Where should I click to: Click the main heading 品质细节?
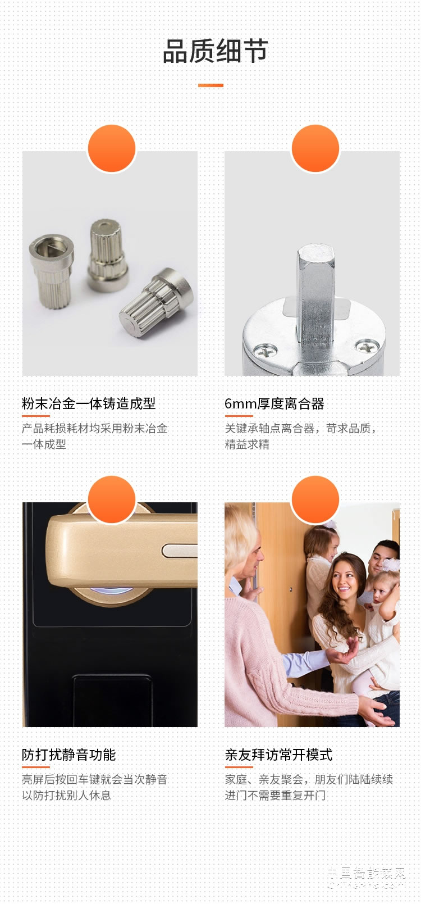[215, 52]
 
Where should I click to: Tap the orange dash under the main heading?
[210, 85]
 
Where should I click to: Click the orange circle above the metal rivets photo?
[112, 148]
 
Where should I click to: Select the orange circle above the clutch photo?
[315, 148]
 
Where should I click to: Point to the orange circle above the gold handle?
[112, 499]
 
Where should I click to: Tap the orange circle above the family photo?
[315, 499]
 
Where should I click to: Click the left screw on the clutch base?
[266, 352]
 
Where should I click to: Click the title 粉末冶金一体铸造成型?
[89, 403]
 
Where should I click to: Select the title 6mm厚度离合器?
[274, 403]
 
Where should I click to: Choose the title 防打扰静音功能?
[69, 755]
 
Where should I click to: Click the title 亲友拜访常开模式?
[278, 755]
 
